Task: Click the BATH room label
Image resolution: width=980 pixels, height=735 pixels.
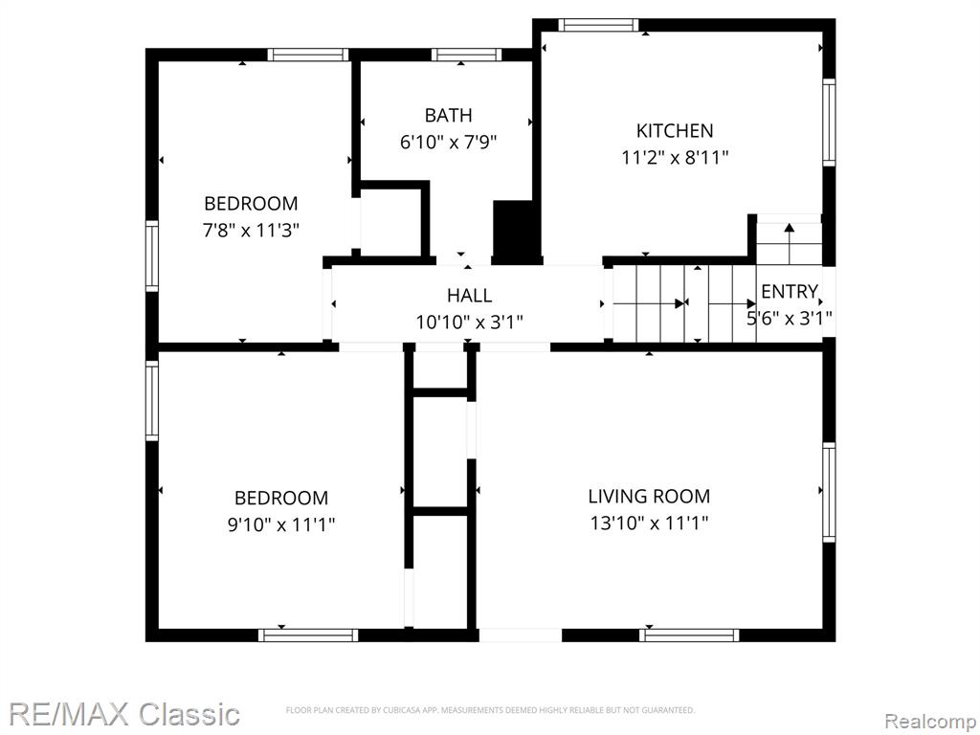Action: pyautogui.click(x=448, y=116)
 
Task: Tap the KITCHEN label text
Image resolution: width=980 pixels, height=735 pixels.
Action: pyautogui.click(x=675, y=130)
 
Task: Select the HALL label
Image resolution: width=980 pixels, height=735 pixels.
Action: pyautogui.click(x=469, y=295)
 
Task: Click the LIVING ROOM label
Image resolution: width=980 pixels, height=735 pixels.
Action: pyautogui.click(x=649, y=497)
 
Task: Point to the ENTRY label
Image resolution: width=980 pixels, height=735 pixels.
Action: pyautogui.click(x=790, y=291)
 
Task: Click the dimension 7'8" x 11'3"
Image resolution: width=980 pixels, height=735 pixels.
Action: pyautogui.click(x=251, y=231)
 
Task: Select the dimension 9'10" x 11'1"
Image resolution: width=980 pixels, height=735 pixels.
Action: pyautogui.click(x=281, y=524)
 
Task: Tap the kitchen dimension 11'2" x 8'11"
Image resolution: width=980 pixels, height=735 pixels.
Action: pyautogui.click(x=675, y=158)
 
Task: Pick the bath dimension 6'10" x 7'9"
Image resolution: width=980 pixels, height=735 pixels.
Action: pyautogui.click(x=448, y=143)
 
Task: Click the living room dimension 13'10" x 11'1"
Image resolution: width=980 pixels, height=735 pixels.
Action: pyautogui.click(x=649, y=523)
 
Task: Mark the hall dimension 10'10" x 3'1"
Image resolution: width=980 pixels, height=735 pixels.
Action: pyautogui.click(x=469, y=323)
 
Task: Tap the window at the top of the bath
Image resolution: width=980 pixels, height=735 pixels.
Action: pyautogui.click(x=466, y=55)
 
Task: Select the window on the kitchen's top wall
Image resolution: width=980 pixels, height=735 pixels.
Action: pyautogui.click(x=599, y=25)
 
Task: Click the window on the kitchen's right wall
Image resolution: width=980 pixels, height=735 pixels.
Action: pyautogui.click(x=829, y=122)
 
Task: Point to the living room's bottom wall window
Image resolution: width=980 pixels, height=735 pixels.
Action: pyautogui.click(x=689, y=635)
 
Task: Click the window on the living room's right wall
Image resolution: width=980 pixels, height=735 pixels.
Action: pyautogui.click(x=829, y=492)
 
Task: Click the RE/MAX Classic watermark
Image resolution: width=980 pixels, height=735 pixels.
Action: pyautogui.click(x=124, y=714)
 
